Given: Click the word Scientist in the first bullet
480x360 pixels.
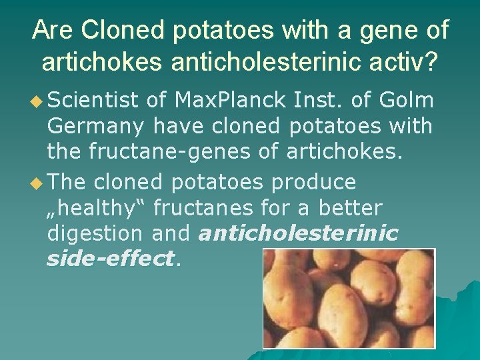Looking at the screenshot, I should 93,100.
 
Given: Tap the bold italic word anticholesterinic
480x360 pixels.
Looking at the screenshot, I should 298,233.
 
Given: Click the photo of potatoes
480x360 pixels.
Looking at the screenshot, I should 348,298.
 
